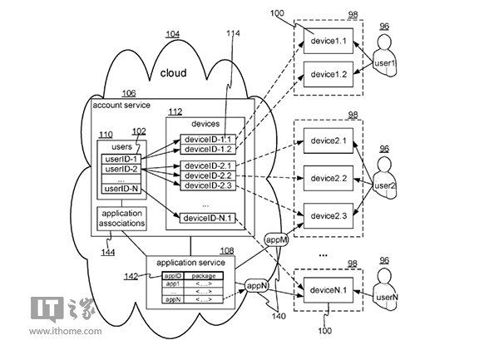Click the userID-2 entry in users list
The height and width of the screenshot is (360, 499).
tap(121, 169)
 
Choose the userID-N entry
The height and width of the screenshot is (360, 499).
tap(121, 189)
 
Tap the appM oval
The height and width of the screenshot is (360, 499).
tap(276, 239)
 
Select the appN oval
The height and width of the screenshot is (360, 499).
tap(255, 285)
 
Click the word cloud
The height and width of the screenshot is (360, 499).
tap(173, 73)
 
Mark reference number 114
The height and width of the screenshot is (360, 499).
tap(235, 32)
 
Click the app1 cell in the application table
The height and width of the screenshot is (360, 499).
tap(172, 284)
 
